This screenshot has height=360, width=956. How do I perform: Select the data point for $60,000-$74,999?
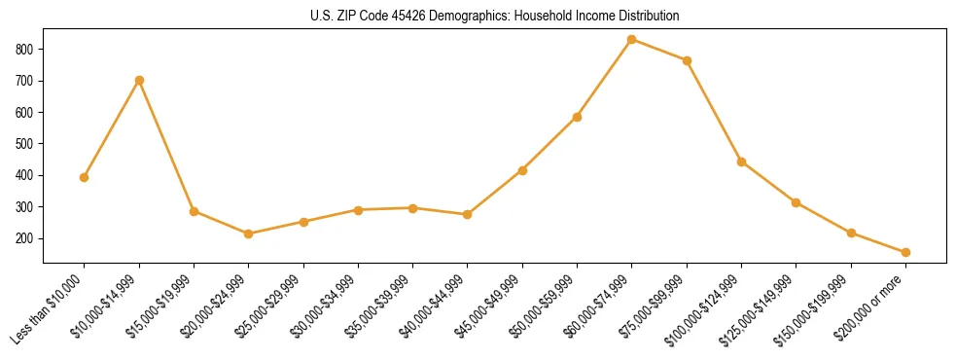coord(632,39)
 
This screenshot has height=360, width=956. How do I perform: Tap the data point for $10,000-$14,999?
coord(139,80)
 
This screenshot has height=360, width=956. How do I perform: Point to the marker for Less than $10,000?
coord(85,177)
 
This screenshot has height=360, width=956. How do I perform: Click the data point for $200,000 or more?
coord(905,252)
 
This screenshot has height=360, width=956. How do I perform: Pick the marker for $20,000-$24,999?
coord(249,234)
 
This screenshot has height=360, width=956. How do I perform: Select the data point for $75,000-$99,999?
coord(687,60)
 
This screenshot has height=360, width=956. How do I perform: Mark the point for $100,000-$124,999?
coord(741,162)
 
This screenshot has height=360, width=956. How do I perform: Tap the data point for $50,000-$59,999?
coord(577,117)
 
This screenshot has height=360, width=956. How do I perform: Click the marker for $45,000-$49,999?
coord(522,170)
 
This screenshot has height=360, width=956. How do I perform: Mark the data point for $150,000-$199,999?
coord(851,233)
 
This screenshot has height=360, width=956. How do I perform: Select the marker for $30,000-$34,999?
coord(358,210)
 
